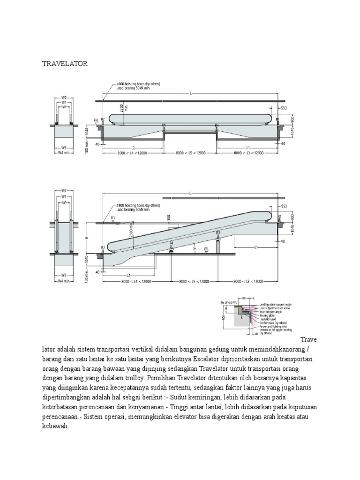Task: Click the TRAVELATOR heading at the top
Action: (x=65, y=63)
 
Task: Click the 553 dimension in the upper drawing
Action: (x=284, y=108)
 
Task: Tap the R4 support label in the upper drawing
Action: (x=164, y=125)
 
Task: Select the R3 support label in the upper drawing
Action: (x=217, y=125)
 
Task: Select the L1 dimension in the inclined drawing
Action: (x=256, y=247)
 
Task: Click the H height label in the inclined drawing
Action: (x=86, y=238)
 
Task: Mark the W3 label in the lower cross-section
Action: (x=63, y=275)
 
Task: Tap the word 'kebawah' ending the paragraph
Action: (x=55, y=427)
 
